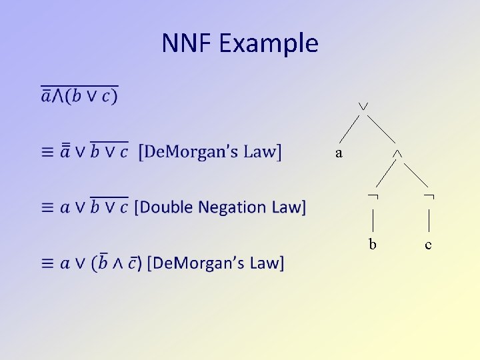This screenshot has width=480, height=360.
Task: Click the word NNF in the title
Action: point(186,43)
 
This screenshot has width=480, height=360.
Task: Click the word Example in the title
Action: point(268,44)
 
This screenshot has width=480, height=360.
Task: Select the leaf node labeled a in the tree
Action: point(339,153)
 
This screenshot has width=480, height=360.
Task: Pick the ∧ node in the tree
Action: point(397,153)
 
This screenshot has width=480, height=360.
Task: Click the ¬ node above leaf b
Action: point(373,196)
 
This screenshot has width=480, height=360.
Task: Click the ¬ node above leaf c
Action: point(429,196)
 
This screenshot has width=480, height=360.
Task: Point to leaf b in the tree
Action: point(373,245)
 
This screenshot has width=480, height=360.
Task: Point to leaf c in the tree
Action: point(428,245)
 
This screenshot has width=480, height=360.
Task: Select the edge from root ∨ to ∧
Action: point(380,129)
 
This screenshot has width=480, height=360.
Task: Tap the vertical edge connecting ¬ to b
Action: point(373,219)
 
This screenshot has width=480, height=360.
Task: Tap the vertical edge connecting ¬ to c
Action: point(429,219)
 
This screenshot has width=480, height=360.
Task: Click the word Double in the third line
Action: point(163,207)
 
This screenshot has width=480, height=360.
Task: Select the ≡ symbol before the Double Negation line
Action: point(47,207)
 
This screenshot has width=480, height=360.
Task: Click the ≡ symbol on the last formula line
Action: point(47,263)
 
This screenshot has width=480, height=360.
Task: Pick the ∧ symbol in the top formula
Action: point(58,97)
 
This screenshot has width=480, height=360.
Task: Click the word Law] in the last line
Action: point(267,263)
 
